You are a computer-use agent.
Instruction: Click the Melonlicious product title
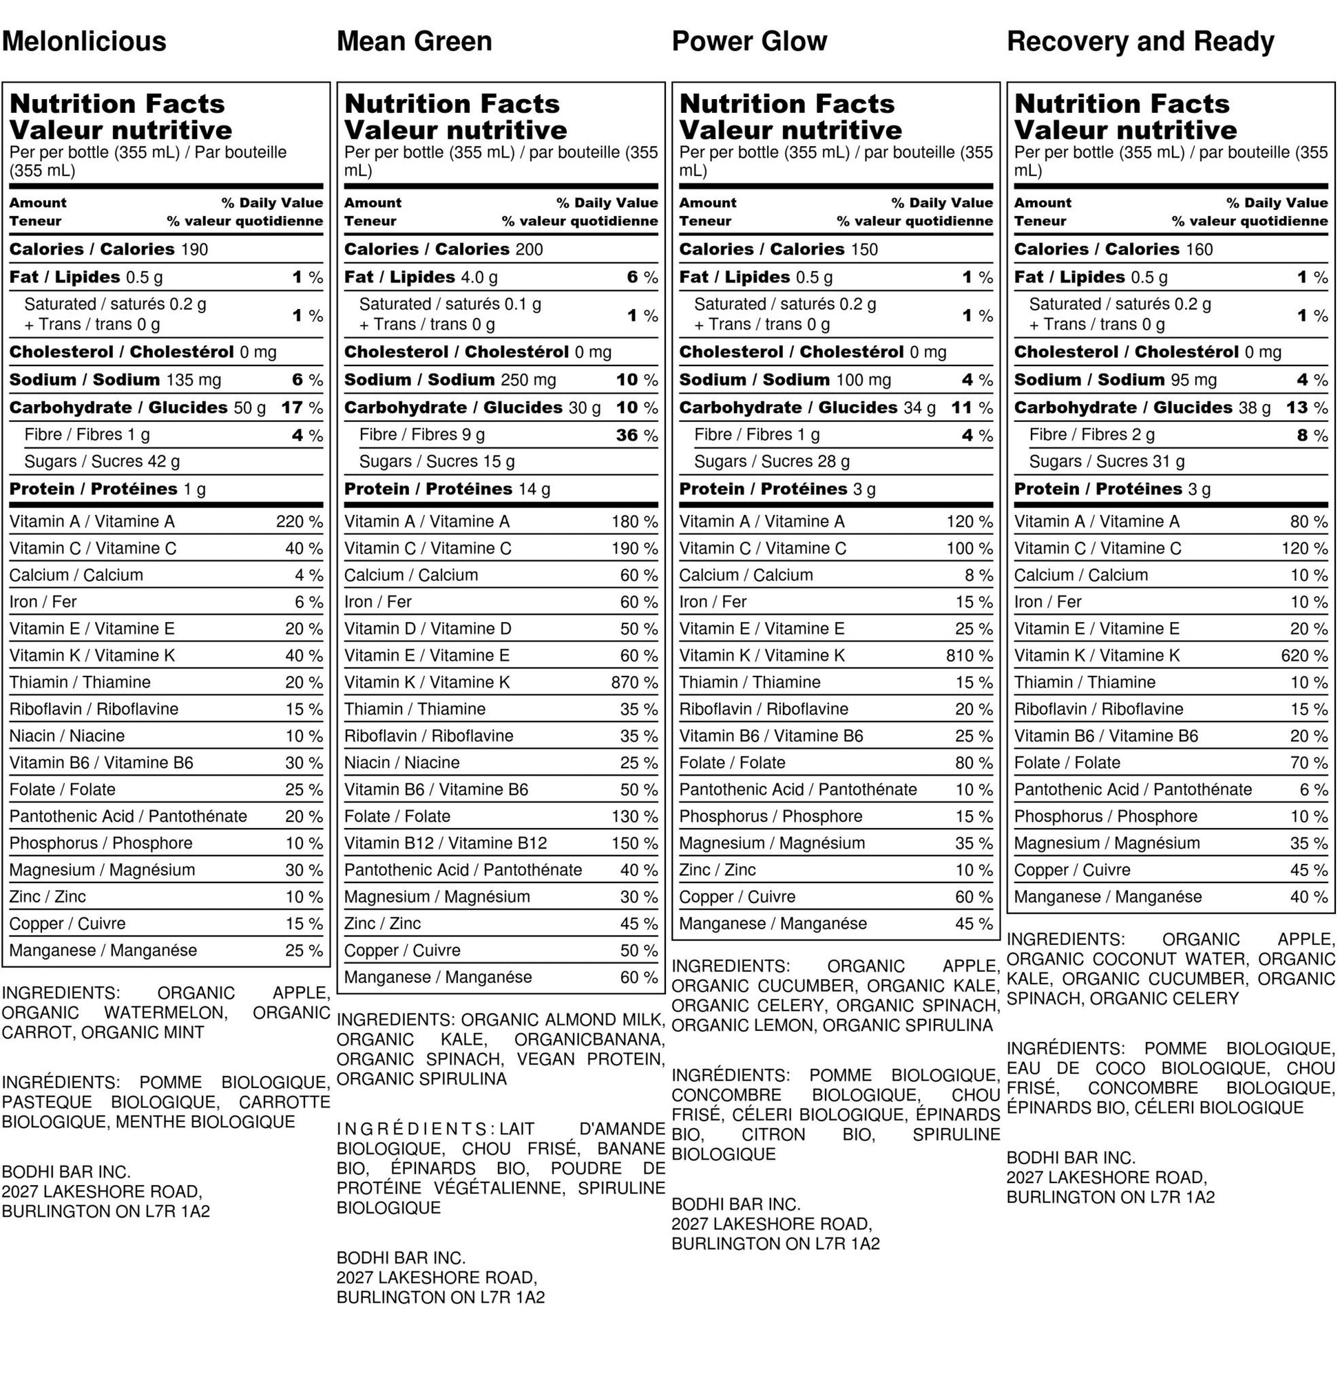click(x=84, y=41)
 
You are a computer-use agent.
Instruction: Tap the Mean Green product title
click(x=414, y=41)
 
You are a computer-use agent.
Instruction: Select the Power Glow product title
click(x=749, y=41)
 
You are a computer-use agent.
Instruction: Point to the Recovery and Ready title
click(x=1140, y=41)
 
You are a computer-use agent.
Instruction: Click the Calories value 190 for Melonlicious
click(x=194, y=250)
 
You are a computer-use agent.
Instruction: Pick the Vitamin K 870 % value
click(x=634, y=683)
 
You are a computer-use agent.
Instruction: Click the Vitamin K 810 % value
click(x=969, y=656)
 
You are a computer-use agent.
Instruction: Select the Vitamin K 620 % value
click(x=1304, y=656)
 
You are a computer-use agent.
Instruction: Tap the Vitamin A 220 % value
click(x=299, y=522)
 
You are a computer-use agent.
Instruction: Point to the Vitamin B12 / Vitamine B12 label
click(x=446, y=844)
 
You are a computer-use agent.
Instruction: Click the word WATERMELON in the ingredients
click(x=165, y=1012)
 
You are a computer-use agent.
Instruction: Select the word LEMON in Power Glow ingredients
click(x=788, y=1026)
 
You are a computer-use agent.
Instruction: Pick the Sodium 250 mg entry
click(x=450, y=381)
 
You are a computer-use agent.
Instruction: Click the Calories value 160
click(x=1198, y=250)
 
